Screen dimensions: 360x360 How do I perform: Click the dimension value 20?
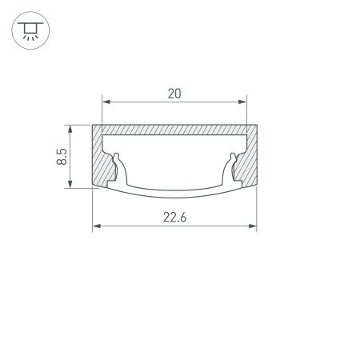pyautogui.click(x=174, y=94)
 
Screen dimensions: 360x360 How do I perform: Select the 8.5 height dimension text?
pyautogui.click(x=61, y=156)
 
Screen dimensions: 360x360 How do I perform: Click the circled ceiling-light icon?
pyautogui.click(x=30, y=31)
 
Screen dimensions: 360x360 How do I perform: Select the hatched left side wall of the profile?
pyautogui.click(x=102, y=160)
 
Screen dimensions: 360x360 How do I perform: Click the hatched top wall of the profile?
pyautogui.click(x=174, y=130)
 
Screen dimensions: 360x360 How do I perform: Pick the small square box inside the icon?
pyautogui.click(x=30, y=30)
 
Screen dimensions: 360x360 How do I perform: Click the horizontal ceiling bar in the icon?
pyautogui.click(x=30, y=23)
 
